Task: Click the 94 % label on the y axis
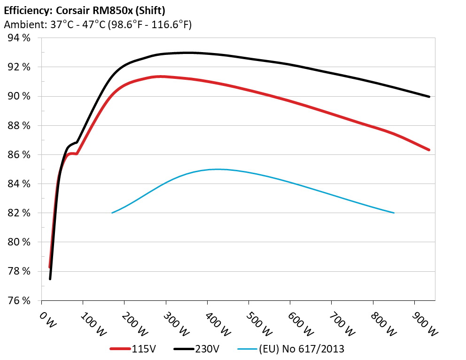18,38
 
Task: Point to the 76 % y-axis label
18,300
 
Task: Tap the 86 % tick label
18,155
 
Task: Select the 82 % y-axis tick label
18,213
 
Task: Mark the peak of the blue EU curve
217,169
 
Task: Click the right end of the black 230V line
429,97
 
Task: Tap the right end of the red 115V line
429,150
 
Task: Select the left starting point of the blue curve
112,213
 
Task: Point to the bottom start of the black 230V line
50,279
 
